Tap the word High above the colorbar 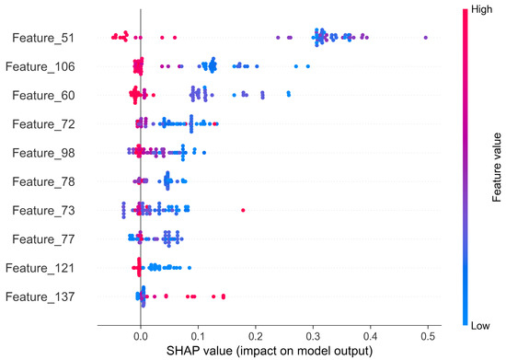click(475, 7)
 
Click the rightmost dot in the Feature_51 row click(425, 38)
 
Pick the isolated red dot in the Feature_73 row click(243, 210)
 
